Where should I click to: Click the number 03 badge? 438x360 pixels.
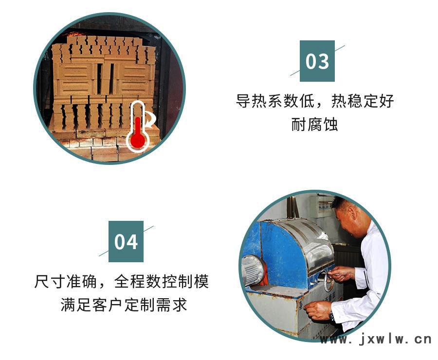pyautogui.click(x=317, y=61)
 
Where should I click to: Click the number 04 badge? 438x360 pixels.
pyautogui.click(x=126, y=242)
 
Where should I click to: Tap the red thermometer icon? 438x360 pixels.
pyautogui.click(x=137, y=127)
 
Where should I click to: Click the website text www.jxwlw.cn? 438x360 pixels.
pyautogui.click(x=376, y=340)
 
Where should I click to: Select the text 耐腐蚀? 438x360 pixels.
pyautogui.click(x=314, y=124)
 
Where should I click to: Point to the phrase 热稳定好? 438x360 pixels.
pyautogui.click(x=363, y=101)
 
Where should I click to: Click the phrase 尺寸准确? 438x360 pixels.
pyautogui.click(x=65, y=281)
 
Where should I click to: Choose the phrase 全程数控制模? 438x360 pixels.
pyautogui.click(x=162, y=281)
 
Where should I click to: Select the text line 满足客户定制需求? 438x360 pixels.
pyautogui.click(x=124, y=305)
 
